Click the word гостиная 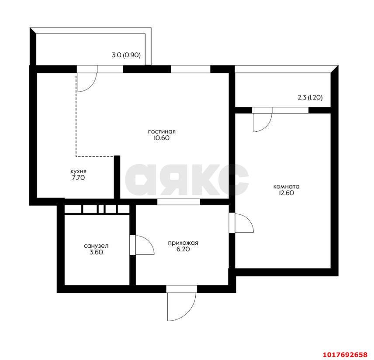pos(162,131)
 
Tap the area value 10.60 pos(162,138)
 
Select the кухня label pos(79,171)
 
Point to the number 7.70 pos(79,178)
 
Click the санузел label pos(97,246)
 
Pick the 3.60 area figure pos(97,252)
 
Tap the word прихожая pos(183,243)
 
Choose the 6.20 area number pos(183,249)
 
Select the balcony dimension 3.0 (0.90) pos(126,55)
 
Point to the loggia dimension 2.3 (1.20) pos(310,97)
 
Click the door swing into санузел pos(145,245)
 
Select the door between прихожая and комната pos(244,223)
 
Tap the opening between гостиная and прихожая pos(178,202)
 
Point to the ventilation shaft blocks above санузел pos(97,209)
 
